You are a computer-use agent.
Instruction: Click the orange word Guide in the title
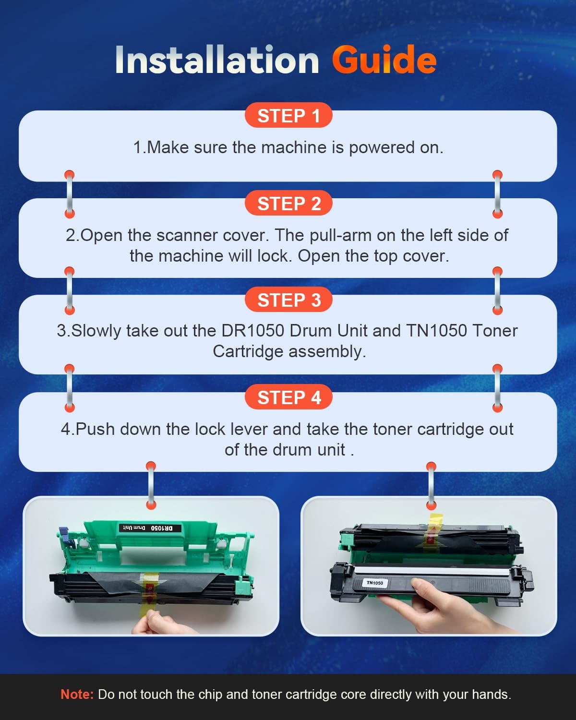[384, 60]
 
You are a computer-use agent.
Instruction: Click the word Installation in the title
[217, 60]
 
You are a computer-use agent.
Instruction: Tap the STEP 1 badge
[288, 115]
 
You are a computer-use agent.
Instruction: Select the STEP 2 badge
[288, 203]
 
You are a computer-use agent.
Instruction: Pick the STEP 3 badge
[288, 300]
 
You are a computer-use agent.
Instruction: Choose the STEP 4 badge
[288, 397]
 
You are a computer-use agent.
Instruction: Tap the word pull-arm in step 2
[340, 236]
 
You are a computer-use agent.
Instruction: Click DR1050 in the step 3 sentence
[252, 331]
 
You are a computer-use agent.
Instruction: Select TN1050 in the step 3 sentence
[436, 331]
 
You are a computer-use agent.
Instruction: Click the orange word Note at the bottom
[77, 695]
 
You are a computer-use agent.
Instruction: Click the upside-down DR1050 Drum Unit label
[150, 528]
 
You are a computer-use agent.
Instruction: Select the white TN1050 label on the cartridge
[374, 583]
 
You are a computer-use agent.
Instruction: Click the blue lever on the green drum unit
[65, 533]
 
